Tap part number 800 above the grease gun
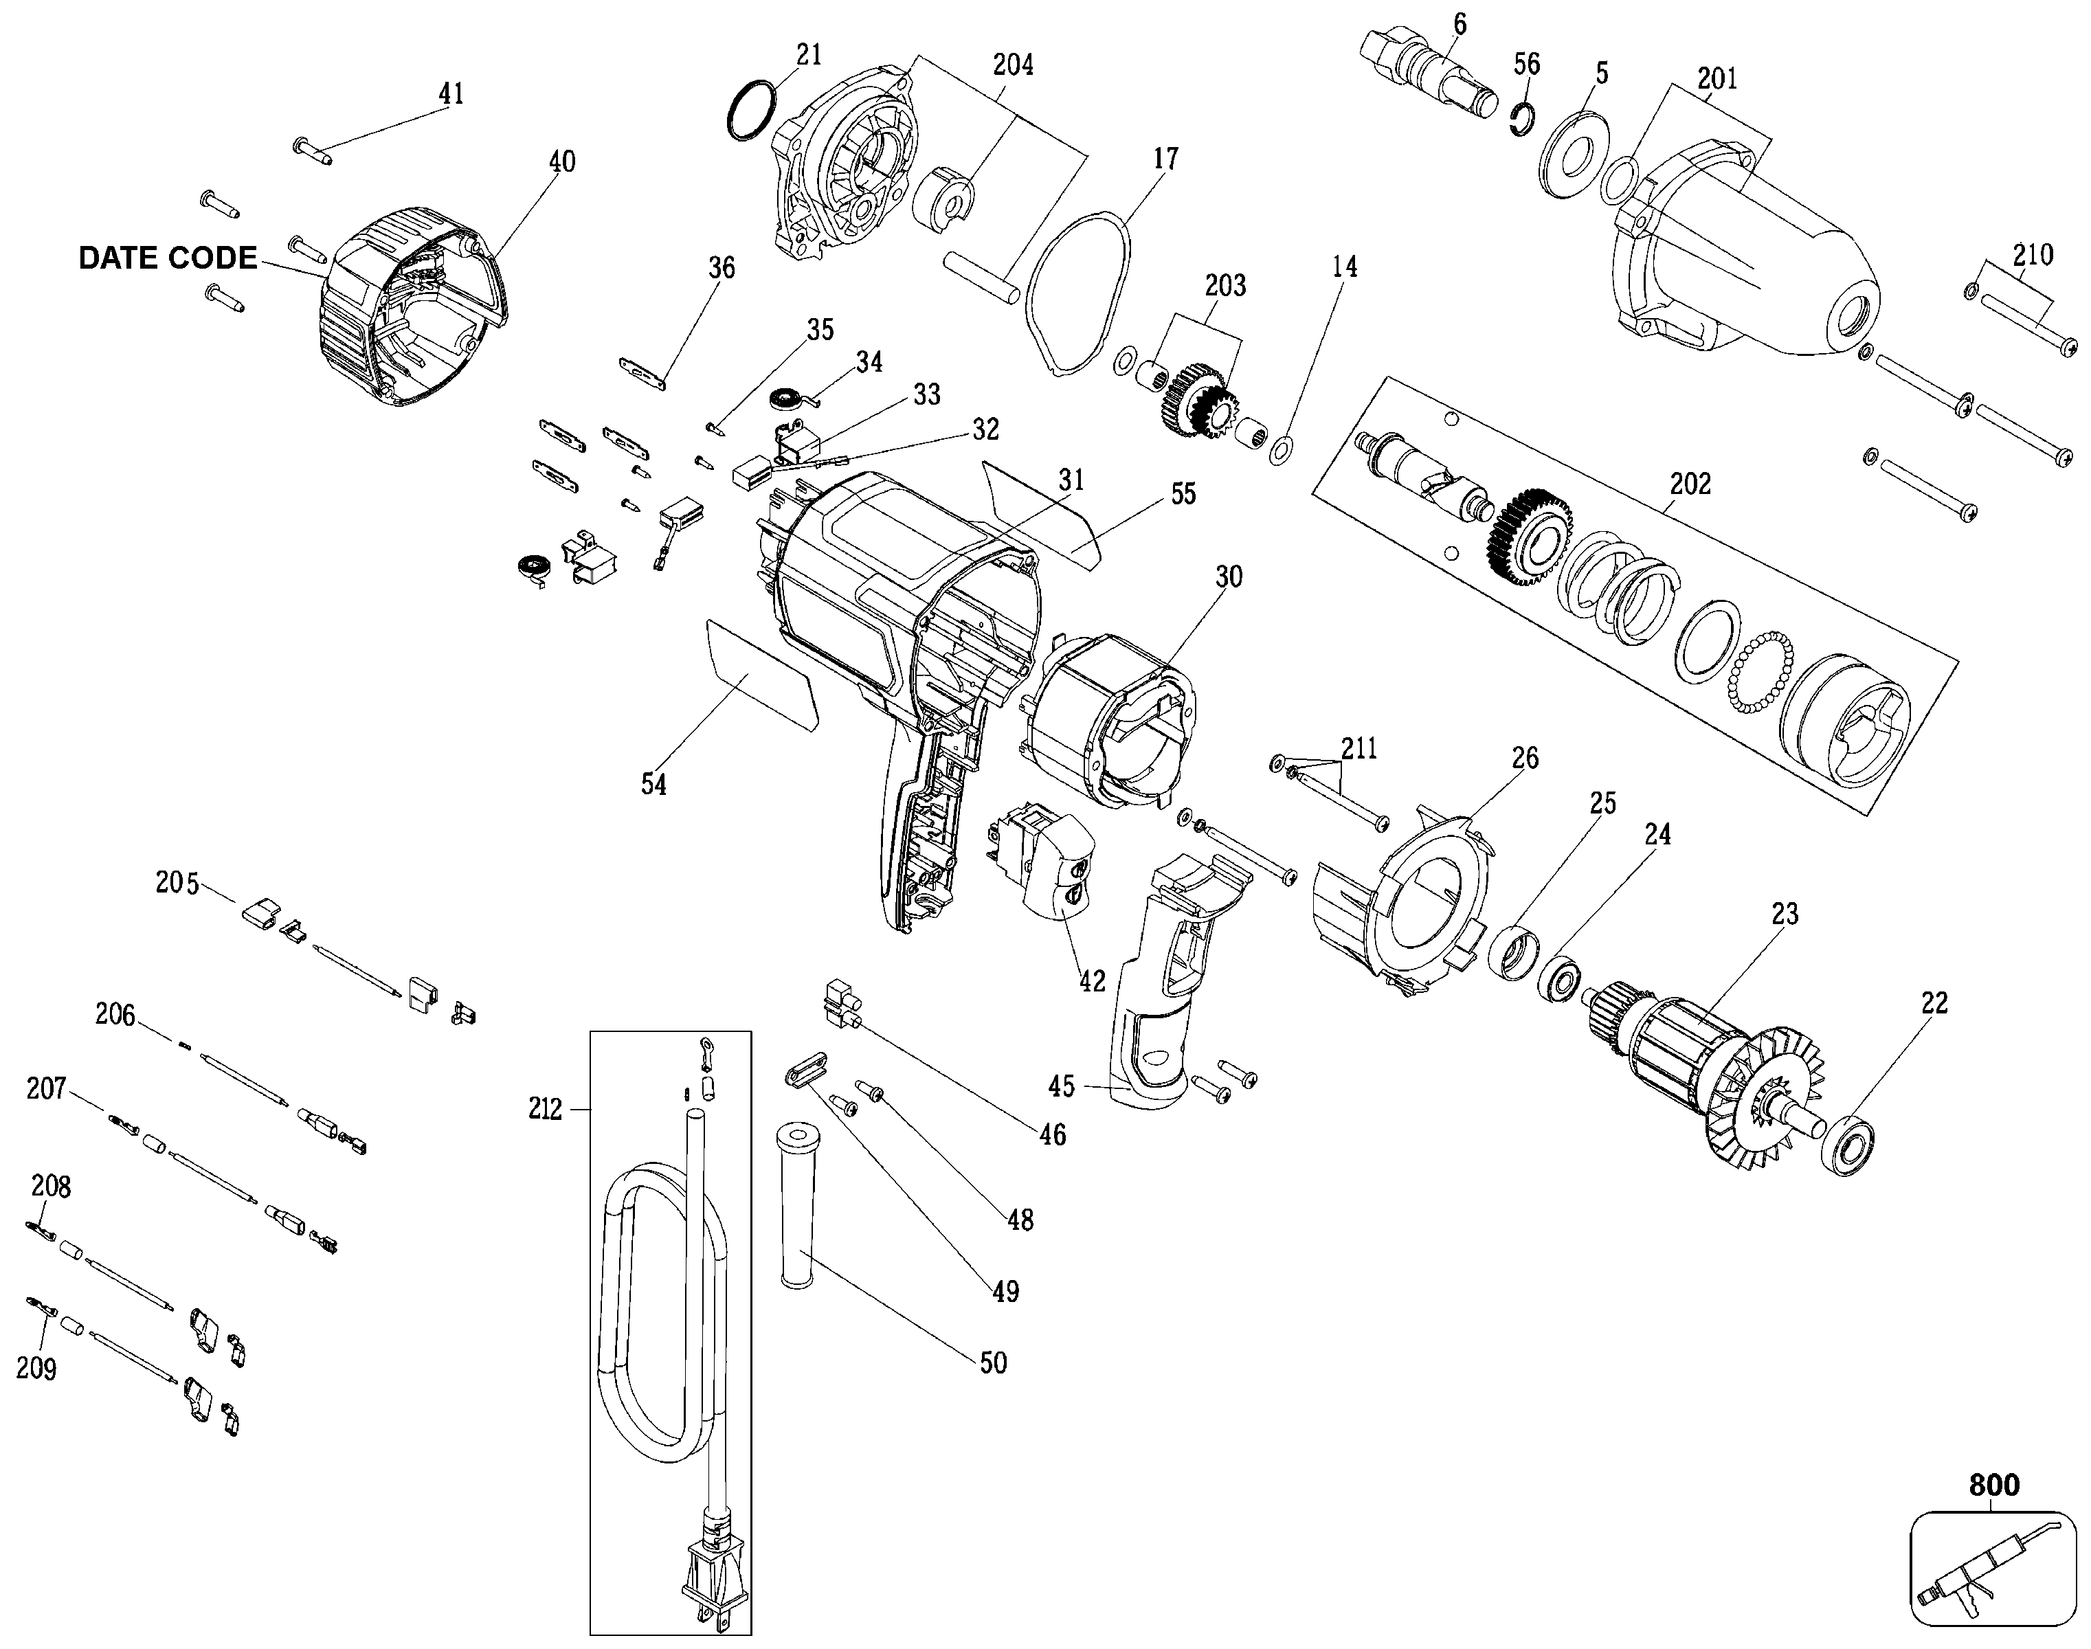point(1993,1484)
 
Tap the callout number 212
point(546,1110)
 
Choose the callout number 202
point(1690,483)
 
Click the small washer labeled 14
point(1282,449)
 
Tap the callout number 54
point(653,785)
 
